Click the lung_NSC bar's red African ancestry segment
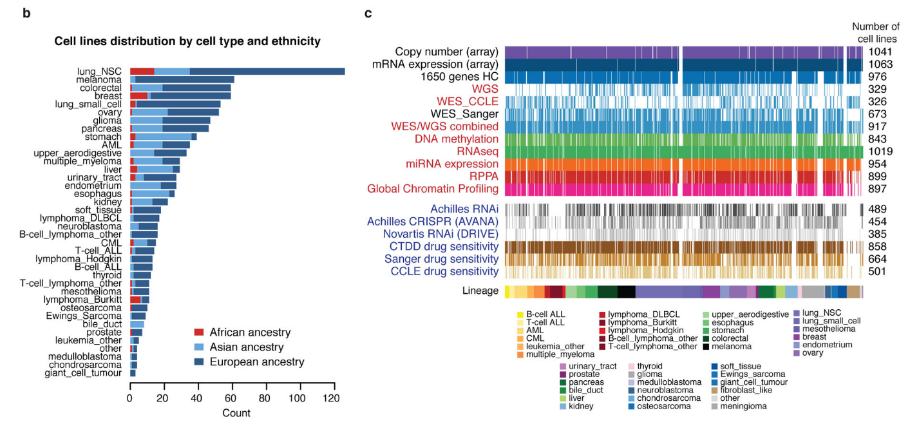pos(142,71)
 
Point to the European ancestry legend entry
pos(249,362)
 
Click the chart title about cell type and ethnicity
pos(187,41)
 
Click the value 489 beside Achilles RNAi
pos(878,209)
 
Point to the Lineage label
pos(480,291)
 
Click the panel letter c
pos(368,13)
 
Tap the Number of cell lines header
pos(875,32)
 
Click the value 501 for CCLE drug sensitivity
pos(878,271)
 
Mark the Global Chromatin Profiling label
pos(433,189)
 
